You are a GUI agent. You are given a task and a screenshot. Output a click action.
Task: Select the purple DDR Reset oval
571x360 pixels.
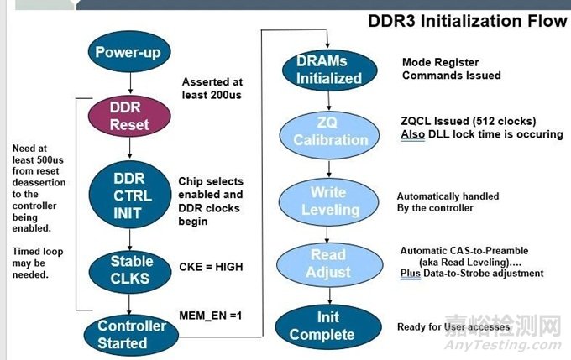(130, 116)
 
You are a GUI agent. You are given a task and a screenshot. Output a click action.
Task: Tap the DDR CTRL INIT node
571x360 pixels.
(130, 194)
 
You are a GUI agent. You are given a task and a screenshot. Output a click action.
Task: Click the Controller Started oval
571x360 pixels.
(132, 334)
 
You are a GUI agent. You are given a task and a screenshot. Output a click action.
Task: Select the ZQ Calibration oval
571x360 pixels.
(328, 133)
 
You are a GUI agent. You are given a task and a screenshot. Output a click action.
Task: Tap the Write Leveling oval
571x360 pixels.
(328, 201)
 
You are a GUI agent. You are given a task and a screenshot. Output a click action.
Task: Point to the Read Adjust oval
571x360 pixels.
(328, 262)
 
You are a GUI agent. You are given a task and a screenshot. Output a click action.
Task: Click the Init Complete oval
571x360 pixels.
(328, 327)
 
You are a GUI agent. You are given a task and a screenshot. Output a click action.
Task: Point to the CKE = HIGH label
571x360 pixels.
(210, 267)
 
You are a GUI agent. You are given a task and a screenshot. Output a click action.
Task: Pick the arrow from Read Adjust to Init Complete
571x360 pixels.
(328, 295)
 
